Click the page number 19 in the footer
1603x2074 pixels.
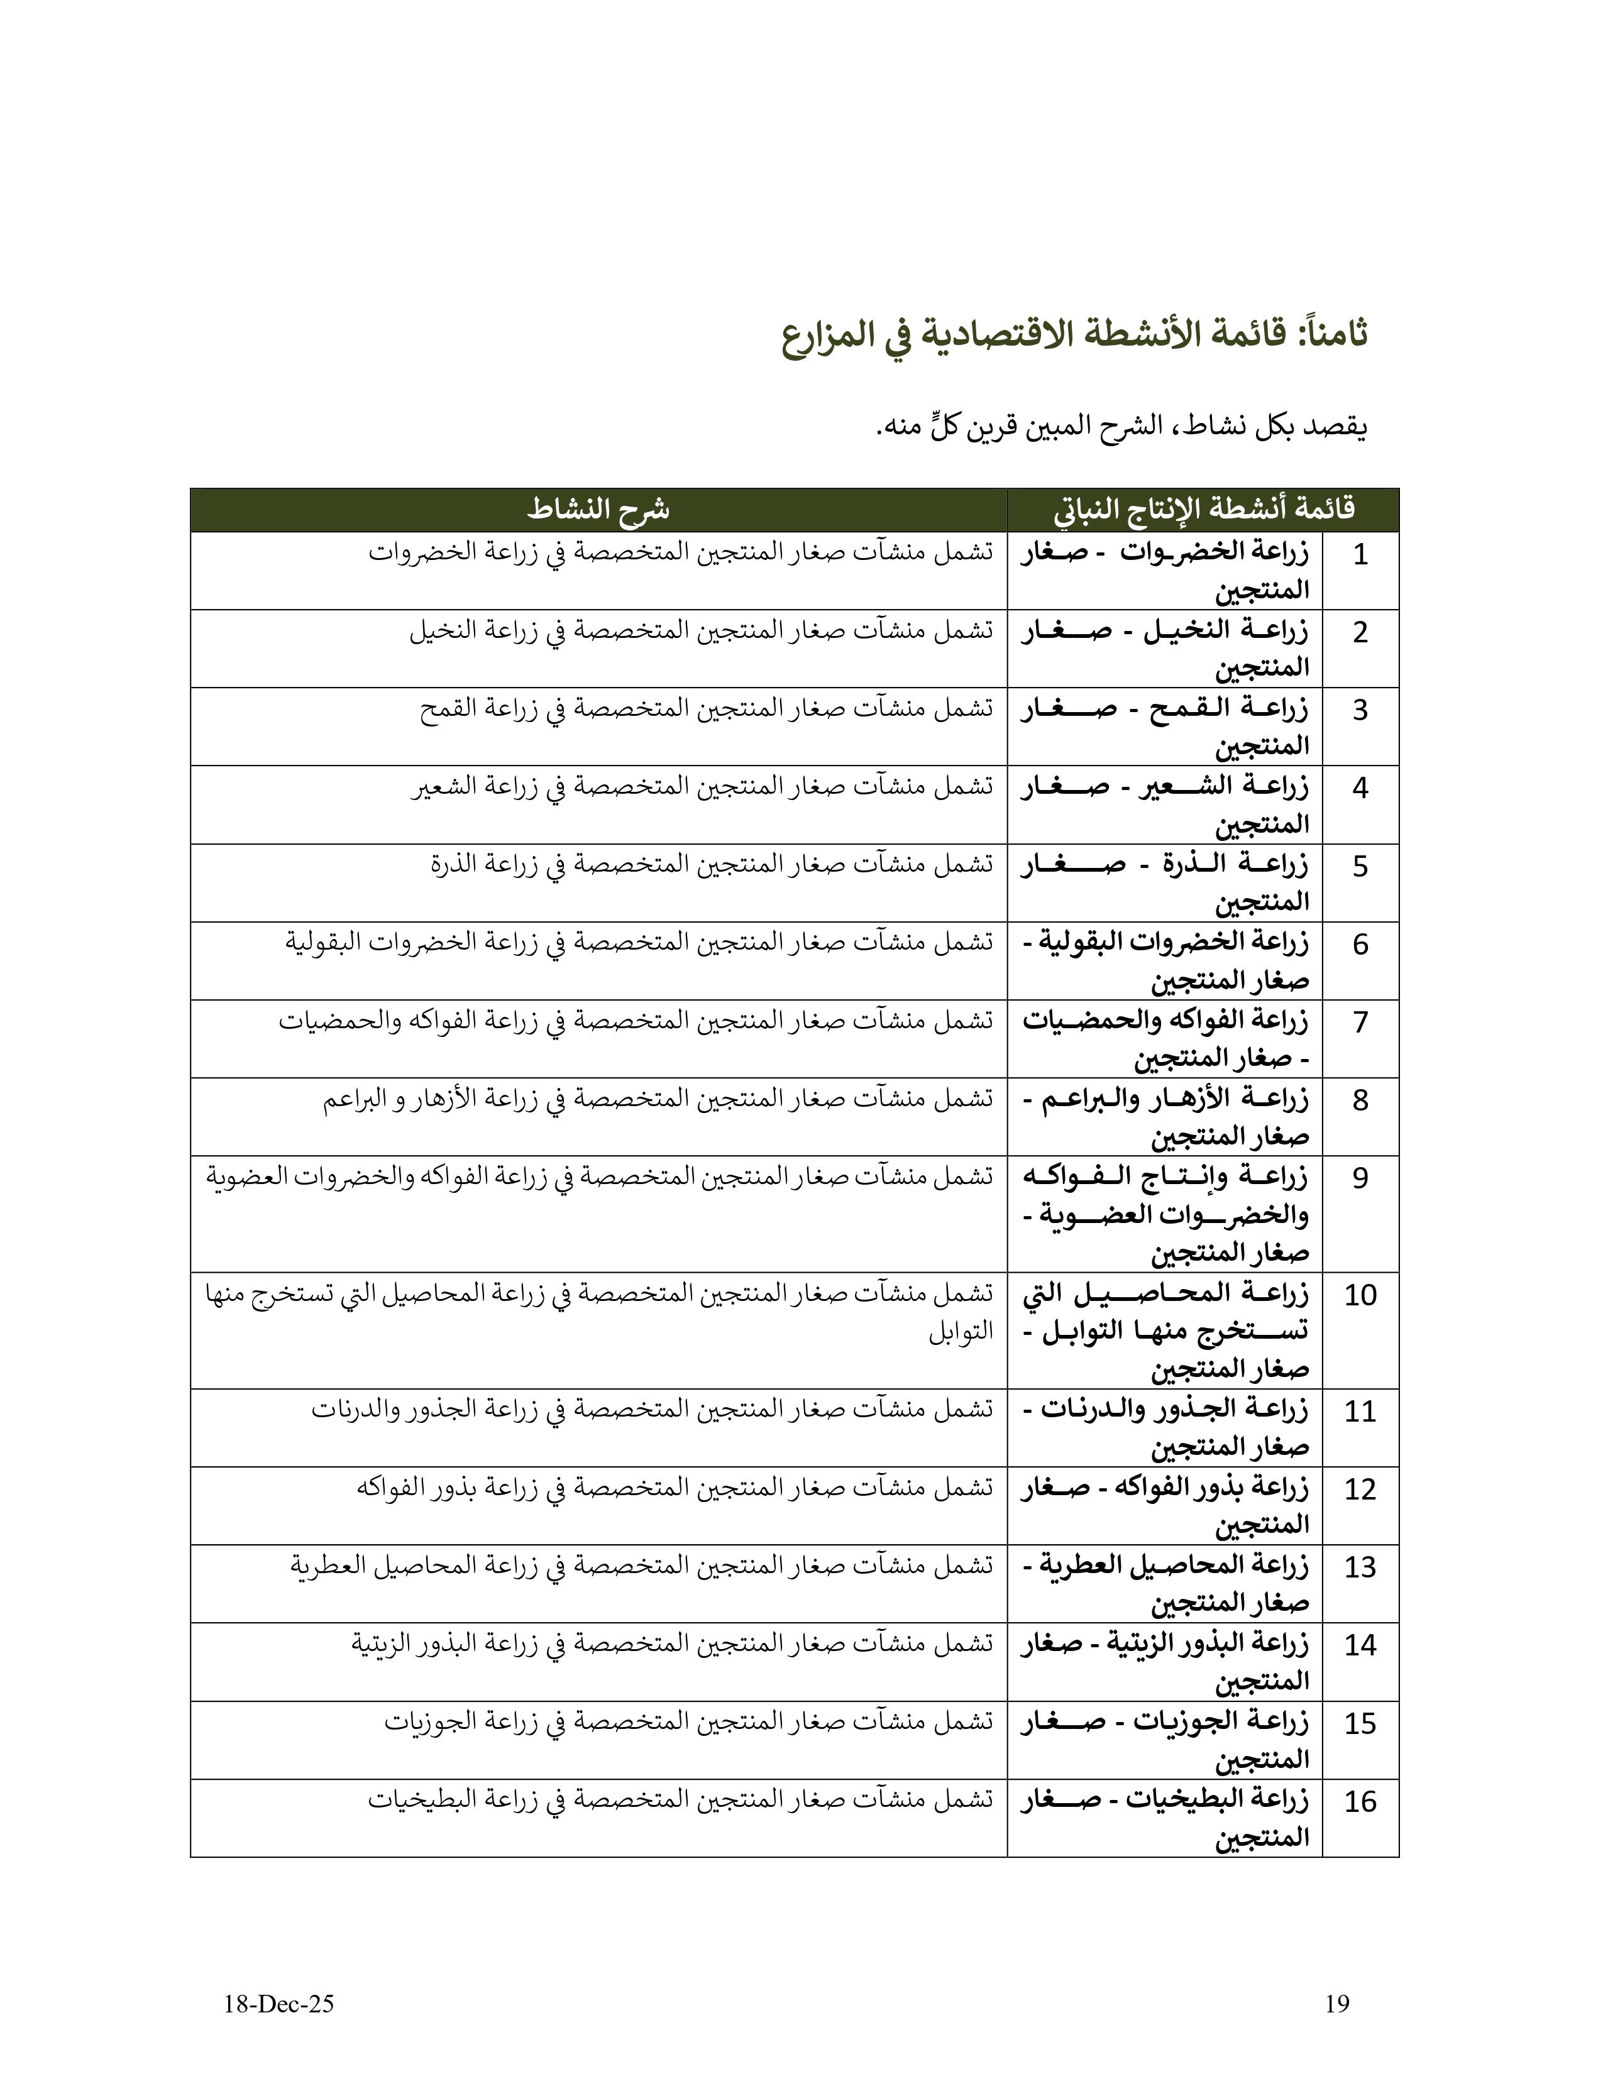(x=1336, y=2004)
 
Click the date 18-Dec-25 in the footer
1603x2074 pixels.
(x=279, y=2004)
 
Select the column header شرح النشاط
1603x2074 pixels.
(x=598, y=510)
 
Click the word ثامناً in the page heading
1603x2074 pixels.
(x=1330, y=334)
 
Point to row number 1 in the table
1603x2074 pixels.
(x=1360, y=554)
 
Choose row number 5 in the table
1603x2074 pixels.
(x=1360, y=866)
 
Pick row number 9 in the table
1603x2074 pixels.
(x=1360, y=1178)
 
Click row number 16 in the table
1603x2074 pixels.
(x=1360, y=1801)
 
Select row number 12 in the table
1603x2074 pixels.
(x=1360, y=1489)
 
